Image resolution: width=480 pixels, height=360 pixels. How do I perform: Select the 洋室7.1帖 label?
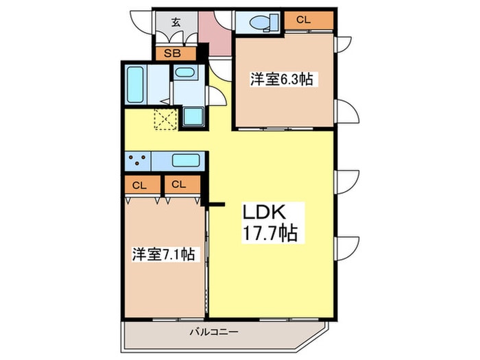tap(164, 254)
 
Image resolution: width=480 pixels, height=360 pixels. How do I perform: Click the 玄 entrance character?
tap(176, 22)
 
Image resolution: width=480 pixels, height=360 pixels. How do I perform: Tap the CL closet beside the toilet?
tap(304, 21)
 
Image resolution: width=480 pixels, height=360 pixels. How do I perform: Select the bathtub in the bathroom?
tap(135, 84)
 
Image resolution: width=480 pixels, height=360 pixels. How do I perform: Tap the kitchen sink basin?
tap(184, 162)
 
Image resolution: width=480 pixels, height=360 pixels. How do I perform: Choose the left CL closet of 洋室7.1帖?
tap(140, 184)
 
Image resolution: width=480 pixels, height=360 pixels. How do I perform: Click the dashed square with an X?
tap(165, 118)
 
